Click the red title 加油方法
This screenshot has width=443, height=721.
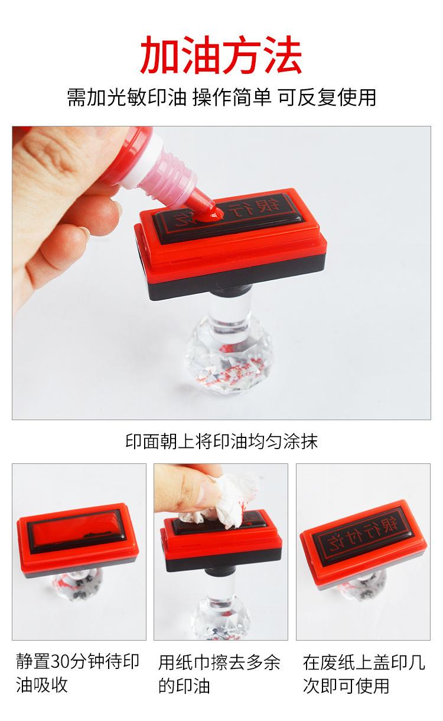pos(221,55)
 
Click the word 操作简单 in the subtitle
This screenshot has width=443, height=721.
pos(232,97)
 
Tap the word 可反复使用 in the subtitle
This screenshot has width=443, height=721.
pos(327,97)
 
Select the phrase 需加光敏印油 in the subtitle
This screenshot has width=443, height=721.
pos(126,97)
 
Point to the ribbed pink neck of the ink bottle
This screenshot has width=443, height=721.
pos(175,176)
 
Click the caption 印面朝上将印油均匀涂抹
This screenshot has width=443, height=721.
pos(221,441)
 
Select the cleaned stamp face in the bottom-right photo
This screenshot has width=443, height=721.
pos(363,535)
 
